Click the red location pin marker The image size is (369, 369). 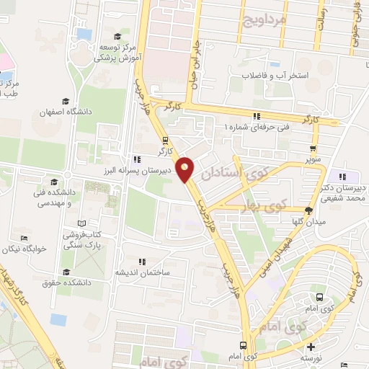(x=186, y=169)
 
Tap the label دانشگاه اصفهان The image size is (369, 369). (x=65, y=112)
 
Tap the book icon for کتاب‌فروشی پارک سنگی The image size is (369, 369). (x=81, y=223)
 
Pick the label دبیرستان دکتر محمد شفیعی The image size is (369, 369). (x=343, y=192)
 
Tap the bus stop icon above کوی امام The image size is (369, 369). (x=244, y=345)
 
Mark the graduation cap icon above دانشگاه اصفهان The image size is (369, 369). (x=66, y=101)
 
